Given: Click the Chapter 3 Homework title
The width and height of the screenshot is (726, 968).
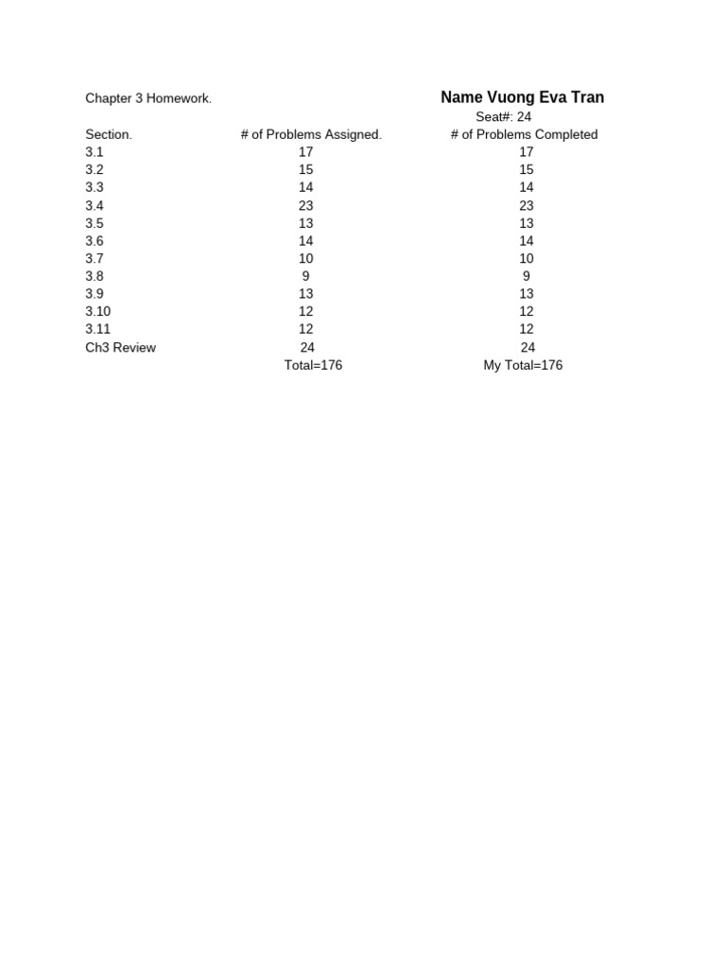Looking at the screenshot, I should click(x=148, y=98).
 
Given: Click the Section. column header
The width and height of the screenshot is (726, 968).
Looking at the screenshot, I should click(x=109, y=134).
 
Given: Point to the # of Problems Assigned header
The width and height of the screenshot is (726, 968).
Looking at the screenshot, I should click(x=311, y=134).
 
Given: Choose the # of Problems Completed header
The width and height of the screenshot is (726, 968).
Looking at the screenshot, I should click(x=524, y=134).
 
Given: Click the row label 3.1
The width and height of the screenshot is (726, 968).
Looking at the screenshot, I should click(x=95, y=152).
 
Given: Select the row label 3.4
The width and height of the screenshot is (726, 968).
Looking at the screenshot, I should click(x=95, y=205).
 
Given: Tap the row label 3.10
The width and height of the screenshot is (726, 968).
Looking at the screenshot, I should click(x=97, y=311).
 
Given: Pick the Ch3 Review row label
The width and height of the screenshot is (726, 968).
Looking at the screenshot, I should click(x=121, y=347).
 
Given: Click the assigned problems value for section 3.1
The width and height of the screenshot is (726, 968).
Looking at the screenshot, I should click(x=305, y=152).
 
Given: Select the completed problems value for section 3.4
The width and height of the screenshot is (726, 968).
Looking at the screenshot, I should click(x=527, y=205).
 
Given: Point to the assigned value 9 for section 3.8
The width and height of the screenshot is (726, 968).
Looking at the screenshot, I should click(x=306, y=276).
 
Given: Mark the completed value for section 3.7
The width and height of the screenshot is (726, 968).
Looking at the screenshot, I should click(x=527, y=258).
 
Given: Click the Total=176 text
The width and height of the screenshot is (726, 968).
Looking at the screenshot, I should click(x=313, y=365).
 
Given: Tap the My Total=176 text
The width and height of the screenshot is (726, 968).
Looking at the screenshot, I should click(x=523, y=365).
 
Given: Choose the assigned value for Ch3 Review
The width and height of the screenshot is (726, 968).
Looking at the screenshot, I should click(x=307, y=347).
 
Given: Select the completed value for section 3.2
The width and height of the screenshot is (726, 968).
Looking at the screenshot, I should click(x=527, y=169).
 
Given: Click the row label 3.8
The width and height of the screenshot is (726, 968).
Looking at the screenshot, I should click(x=95, y=276).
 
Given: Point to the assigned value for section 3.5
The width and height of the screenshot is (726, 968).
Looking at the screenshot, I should click(x=305, y=223).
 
